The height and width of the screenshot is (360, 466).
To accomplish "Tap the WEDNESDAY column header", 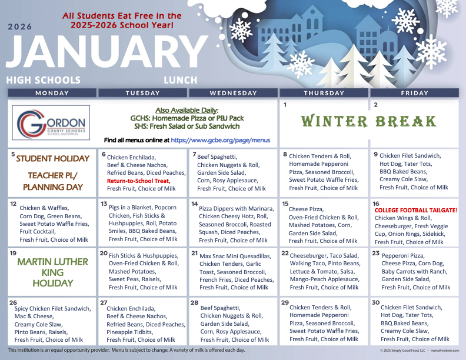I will pos(233,93).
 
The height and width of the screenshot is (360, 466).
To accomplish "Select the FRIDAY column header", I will pos(414,93).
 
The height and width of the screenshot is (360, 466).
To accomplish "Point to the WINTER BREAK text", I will pos(369,122).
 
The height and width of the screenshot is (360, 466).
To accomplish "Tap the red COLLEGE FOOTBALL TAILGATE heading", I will pos(416,210).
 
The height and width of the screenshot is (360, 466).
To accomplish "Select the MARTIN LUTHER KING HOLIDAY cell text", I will pos(52,272).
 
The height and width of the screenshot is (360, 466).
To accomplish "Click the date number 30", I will pos(375,302).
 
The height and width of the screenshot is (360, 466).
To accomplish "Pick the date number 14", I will pos(195,204).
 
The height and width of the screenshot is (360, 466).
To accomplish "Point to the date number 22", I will pos(285,253).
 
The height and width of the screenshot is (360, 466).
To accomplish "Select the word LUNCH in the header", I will pos(177,80).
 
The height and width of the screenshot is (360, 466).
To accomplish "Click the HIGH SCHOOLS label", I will pos(44,80).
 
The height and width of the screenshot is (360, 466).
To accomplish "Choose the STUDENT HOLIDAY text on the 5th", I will pos(52,159).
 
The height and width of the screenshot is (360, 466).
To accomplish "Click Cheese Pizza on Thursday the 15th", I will pos(307,209).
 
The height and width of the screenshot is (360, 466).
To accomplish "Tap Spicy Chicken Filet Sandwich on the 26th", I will pos(52,309).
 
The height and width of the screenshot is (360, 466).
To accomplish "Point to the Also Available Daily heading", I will pos(187,111).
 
